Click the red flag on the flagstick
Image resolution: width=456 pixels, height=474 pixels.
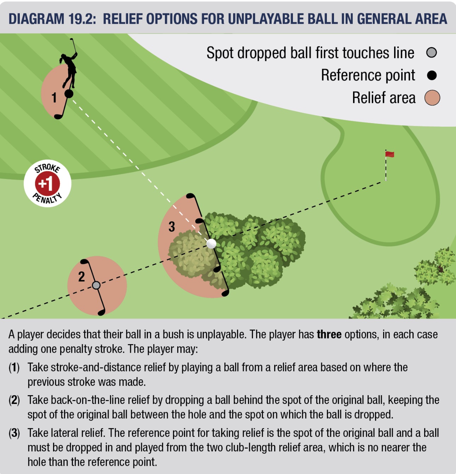[389, 154]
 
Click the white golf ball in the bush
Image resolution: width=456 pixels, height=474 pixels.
[211, 244]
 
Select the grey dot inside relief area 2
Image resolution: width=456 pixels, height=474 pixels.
[96, 285]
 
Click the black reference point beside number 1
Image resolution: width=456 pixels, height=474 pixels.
[69, 94]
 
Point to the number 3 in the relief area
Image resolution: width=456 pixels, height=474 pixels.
[172, 227]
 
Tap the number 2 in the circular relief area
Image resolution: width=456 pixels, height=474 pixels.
[81, 277]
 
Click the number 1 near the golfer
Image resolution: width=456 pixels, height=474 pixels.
[54, 98]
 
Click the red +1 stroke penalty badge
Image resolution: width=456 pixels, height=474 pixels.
[47, 184]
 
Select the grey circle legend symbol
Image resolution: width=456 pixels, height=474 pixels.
[432, 53]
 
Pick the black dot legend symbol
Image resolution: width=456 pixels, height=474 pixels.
[432, 75]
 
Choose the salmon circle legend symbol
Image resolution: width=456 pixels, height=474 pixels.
[432, 98]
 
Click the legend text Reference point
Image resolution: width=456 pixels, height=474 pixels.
[368, 75]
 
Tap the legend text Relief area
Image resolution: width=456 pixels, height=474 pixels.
[384, 98]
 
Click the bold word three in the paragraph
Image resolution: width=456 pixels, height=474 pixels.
[329, 334]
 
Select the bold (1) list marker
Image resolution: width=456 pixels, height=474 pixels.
[14, 368]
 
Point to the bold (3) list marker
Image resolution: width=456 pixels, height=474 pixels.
[14, 433]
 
